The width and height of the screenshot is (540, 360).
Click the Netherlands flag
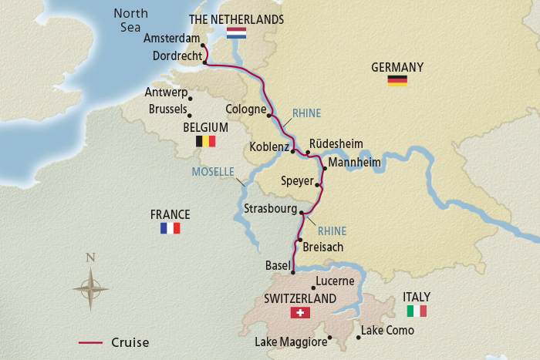tap(236, 33)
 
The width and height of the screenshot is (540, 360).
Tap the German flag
tap(397, 81)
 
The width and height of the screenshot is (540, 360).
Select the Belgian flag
tap(205, 141)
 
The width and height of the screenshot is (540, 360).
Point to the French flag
tap(170, 228)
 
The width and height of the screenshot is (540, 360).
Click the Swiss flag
tap(300, 312)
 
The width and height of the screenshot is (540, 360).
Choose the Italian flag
tap(417, 311)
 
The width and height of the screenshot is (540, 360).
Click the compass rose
tap(90, 288)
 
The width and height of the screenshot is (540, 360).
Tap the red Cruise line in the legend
tap(91, 342)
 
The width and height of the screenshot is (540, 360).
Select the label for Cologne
tap(245, 109)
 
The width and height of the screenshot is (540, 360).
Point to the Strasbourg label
tap(270, 209)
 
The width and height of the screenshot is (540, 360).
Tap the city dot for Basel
tap(294, 271)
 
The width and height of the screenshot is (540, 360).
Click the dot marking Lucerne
tap(312, 288)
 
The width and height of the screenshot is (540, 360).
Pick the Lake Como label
tap(388, 331)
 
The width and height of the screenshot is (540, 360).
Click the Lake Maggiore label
tap(291, 341)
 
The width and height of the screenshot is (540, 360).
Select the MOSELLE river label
tap(213, 171)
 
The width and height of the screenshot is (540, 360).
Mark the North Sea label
tap(129, 21)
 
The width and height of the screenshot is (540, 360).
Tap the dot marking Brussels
tap(190, 116)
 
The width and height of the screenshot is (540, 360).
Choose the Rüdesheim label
tap(336, 143)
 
